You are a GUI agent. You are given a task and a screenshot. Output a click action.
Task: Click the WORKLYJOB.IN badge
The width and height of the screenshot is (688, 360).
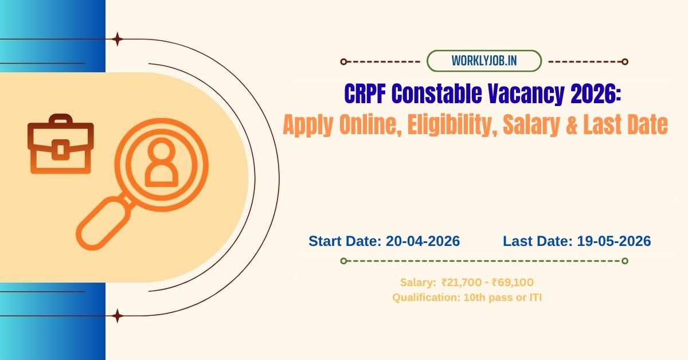[484, 61]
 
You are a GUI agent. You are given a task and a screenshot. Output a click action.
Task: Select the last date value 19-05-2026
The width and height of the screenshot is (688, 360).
[612, 241]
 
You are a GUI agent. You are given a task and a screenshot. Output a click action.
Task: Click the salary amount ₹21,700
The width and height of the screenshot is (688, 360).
[460, 282]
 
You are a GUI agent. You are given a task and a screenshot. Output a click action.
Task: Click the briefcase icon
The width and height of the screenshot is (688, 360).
[60, 144]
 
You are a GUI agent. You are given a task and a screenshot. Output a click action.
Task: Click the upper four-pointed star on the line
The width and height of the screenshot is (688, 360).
[118, 40]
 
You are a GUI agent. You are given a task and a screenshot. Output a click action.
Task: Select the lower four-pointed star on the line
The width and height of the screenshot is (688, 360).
[118, 315]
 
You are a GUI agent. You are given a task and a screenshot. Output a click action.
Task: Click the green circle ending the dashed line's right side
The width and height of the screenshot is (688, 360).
[625, 261]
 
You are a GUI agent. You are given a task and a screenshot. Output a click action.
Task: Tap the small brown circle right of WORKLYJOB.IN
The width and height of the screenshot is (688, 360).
[625, 61]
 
